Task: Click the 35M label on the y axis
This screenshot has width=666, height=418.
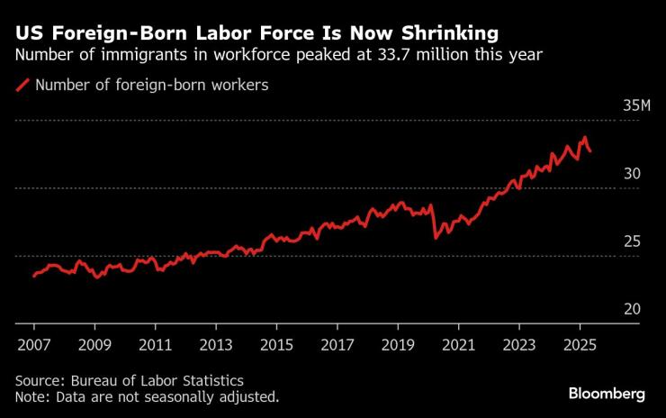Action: pos(637,106)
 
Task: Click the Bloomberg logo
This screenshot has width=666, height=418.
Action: pos(607,394)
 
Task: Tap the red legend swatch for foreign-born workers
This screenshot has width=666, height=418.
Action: pos(22,86)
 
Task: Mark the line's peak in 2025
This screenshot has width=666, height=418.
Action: pos(585,138)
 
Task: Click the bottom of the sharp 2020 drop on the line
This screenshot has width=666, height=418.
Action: pos(436,238)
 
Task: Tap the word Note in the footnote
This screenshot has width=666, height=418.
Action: pos(31,396)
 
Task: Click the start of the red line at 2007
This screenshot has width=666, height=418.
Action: pos(34,276)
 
